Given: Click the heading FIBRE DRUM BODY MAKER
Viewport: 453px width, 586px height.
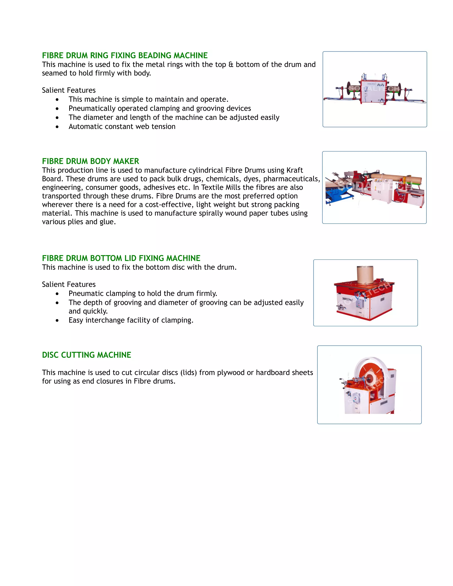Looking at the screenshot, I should (90, 161).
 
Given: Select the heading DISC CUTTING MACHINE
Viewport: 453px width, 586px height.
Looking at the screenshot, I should (86, 355).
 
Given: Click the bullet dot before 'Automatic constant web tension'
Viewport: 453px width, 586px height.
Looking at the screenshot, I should (57, 127).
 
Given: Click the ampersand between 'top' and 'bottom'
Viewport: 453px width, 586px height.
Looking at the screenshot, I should (231, 65).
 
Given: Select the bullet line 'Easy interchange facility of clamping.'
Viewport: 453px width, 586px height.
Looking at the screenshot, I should (131, 320).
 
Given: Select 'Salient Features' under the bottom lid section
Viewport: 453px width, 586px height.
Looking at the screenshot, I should (69, 284).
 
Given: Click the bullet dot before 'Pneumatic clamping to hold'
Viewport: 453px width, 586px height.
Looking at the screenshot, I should (57, 294).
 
